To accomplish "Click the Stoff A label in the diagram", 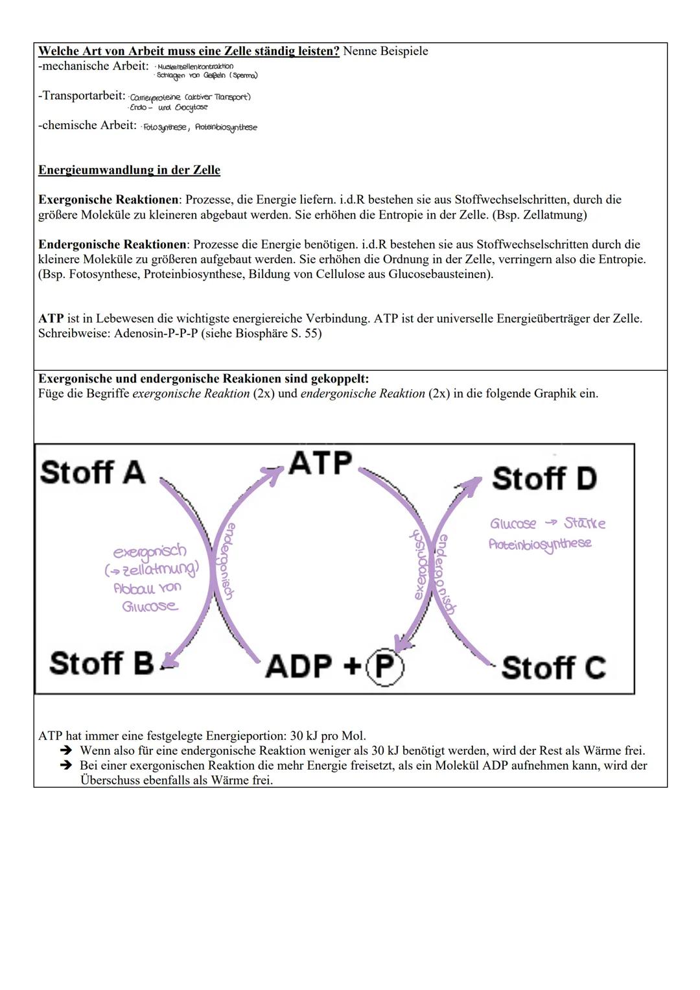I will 93,472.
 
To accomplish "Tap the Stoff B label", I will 102,663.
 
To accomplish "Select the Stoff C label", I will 553,668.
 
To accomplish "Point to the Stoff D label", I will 544,478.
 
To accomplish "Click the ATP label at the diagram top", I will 320,463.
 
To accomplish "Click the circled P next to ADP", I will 384,666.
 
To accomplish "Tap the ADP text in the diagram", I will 299,666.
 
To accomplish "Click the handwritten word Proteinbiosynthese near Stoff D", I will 540,544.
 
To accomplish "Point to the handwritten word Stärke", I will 585,523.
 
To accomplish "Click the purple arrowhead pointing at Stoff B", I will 169,660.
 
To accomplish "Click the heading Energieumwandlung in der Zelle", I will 129,171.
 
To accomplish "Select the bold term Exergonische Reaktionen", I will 108,200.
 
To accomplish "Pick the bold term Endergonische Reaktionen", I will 112,244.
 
